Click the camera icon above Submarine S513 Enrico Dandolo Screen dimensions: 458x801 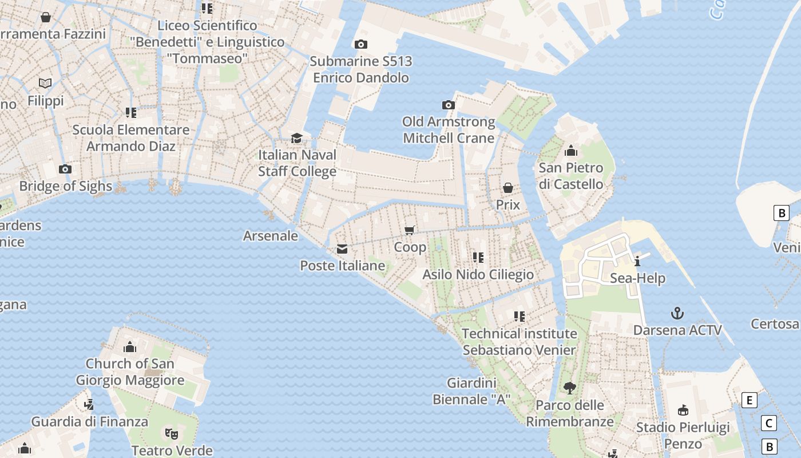[361, 44]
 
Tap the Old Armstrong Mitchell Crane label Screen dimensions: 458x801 [449, 130]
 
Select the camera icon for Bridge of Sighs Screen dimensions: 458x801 [65, 169]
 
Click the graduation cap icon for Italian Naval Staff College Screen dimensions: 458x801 [296, 139]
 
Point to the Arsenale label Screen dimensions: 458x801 [271, 236]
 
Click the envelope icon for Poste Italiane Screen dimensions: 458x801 [342, 249]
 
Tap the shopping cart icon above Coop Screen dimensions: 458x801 [410, 230]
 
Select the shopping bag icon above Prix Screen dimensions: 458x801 [507, 188]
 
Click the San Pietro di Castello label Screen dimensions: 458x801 [570, 176]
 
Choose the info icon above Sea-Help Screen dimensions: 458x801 [637, 262]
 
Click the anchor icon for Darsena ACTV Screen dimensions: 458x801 [677, 313]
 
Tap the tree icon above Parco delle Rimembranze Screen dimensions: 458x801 [569, 388]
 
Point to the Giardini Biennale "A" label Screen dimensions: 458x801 [471, 391]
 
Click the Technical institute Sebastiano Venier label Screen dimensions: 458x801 [519, 342]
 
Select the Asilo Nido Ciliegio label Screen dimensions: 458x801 [478, 275]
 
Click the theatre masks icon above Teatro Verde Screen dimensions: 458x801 [170, 433]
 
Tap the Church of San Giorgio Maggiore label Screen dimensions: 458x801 [130, 372]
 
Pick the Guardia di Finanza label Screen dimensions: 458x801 [89, 422]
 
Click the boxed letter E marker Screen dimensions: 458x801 [749, 400]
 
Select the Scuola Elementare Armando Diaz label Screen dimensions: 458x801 [130, 138]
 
